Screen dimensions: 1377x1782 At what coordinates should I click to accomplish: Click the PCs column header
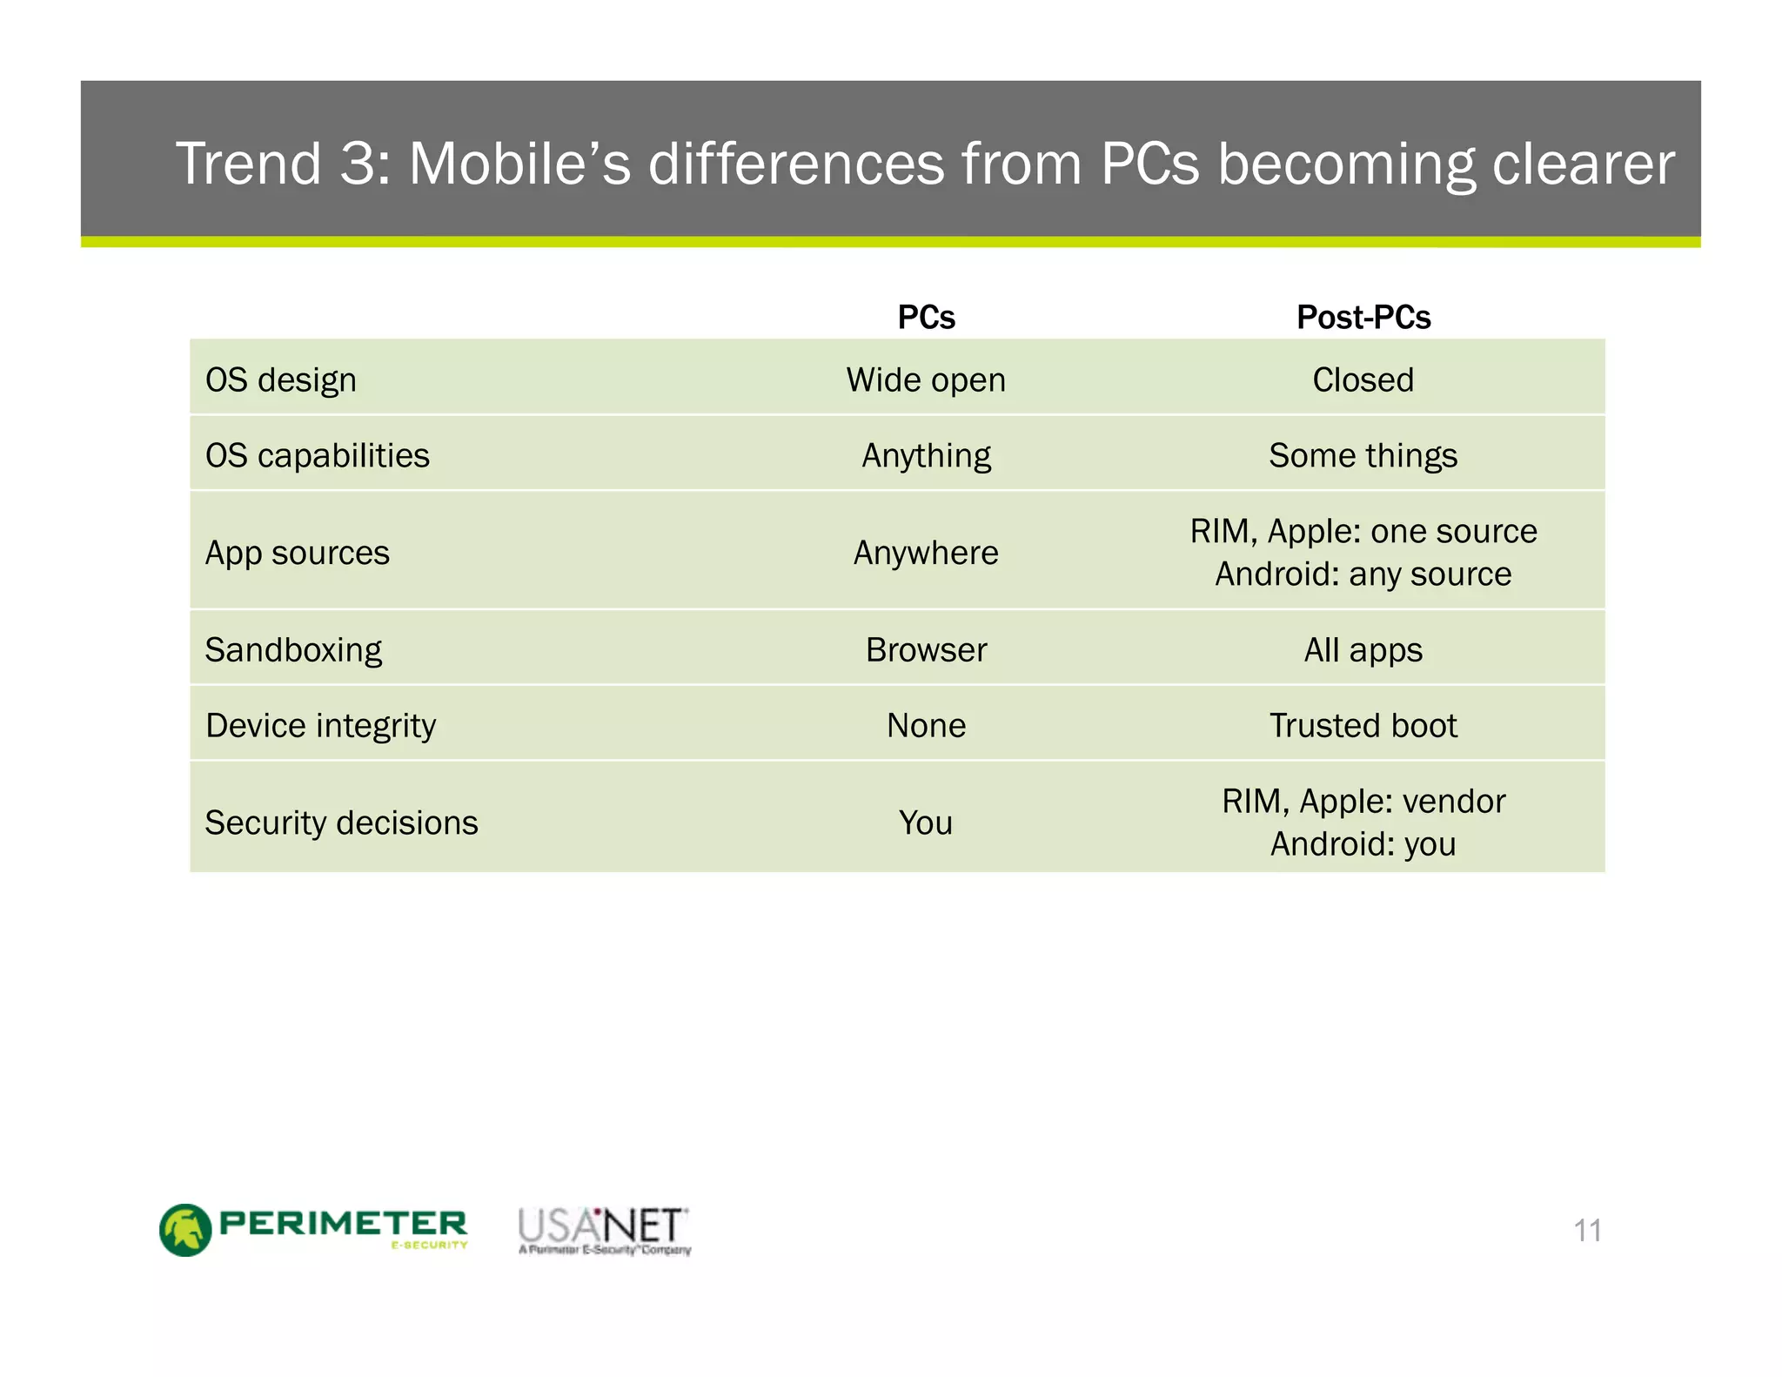tap(926, 317)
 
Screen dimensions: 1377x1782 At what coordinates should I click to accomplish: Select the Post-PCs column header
tap(1363, 317)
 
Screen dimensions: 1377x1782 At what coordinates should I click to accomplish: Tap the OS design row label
tap(280, 380)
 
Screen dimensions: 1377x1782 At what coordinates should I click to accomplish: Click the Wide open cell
tap(926, 380)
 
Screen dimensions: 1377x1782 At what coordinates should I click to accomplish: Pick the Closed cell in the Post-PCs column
tap(1363, 380)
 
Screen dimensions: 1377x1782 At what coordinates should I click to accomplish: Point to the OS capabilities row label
tap(317, 456)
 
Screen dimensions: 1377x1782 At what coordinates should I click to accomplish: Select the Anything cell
tap(926, 456)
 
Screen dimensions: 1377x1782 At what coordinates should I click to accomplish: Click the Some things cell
tap(1363, 456)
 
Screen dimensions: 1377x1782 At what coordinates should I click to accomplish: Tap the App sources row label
tap(297, 553)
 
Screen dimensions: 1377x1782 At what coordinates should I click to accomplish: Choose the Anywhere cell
tap(926, 553)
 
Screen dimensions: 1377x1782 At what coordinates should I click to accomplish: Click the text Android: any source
tap(1363, 574)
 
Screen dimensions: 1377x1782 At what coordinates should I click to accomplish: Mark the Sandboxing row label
tap(293, 650)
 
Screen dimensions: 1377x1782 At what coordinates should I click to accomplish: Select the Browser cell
tap(926, 650)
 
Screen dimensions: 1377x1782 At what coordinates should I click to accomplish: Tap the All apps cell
tap(1363, 650)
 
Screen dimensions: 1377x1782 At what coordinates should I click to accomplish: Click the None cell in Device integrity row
tap(926, 726)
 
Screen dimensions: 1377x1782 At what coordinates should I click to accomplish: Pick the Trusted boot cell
tap(1363, 726)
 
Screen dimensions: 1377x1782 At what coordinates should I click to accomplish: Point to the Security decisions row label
tap(341, 823)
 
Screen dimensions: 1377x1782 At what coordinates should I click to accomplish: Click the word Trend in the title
tap(248, 164)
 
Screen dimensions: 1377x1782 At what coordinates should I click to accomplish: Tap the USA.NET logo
tap(604, 1230)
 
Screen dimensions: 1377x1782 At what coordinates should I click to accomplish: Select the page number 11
tap(1587, 1231)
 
